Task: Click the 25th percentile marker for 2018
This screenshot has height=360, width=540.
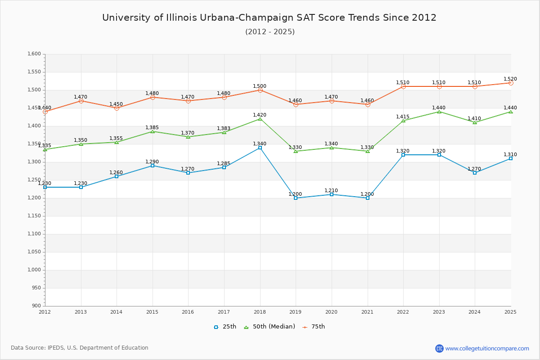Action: [x=260, y=148]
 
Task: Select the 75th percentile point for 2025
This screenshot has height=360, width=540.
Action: [x=511, y=83]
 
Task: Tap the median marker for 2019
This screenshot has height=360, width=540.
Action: [x=296, y=151]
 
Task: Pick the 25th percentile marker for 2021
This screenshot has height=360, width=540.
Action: [x=368, y=198]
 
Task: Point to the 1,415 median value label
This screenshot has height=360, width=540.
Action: [x=403, y=117]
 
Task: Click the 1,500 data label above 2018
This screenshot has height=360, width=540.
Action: [x=260, y=86]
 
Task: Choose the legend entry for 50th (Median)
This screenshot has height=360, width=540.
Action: [x=270, y=327]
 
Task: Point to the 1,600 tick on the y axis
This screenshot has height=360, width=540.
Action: [x=35, y=54]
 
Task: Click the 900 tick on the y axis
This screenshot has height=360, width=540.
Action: [x=36, y=306]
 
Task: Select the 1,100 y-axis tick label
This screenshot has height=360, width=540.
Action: [x=35, y=234]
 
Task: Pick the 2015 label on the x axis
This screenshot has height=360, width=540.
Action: [x=152, y=312]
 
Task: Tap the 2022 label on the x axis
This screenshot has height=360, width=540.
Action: [x=403, y=312]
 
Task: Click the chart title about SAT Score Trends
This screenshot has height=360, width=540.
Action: [x=269, y=18]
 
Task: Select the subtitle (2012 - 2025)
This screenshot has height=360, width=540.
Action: [x=270, y=32]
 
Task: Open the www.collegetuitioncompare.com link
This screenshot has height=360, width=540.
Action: [x=487, y=348]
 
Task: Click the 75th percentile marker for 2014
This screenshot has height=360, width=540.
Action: [x=117, y=108]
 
